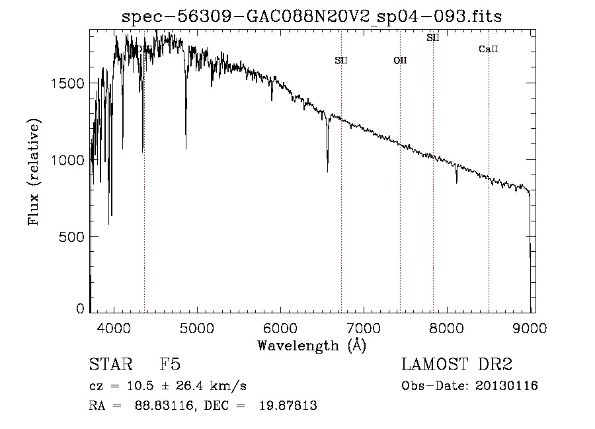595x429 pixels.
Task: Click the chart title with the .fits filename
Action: point(313,17)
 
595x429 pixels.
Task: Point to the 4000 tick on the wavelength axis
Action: point(114,326)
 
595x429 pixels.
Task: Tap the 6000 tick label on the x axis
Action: point(280,326)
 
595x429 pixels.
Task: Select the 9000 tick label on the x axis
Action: point(530,326)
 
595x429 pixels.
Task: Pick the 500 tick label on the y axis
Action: point(75,237)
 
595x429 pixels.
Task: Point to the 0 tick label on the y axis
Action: point(81,309)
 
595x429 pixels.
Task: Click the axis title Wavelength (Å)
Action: point(312,344)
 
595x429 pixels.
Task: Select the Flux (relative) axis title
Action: point(34,172)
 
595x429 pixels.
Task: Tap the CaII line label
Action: point(488,49)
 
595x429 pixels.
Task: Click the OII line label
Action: point(400,61)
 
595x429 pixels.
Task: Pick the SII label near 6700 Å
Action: point(341,61)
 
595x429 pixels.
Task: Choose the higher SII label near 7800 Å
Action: point(433,38)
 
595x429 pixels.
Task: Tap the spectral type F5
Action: point(169,366)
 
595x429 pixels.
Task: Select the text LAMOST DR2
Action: point(457,366)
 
